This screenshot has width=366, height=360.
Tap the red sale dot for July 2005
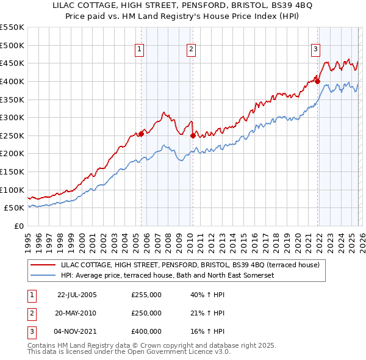pyautogui.click(x=141, y=134)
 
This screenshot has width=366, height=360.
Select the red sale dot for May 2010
pyautogui.click(x=193, y=135)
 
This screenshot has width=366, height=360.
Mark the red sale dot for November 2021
pyautogui.click(x=318, y=81)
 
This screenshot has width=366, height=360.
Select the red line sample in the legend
pyautogui.click(x=43, y=265)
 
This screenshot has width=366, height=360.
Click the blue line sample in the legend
pyautogui.click(x=43, y=275)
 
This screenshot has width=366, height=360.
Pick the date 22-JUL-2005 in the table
pyautogui.click(x=77, y=295)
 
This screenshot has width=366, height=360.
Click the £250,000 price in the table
pyautogui.click(x=146, y=313)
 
